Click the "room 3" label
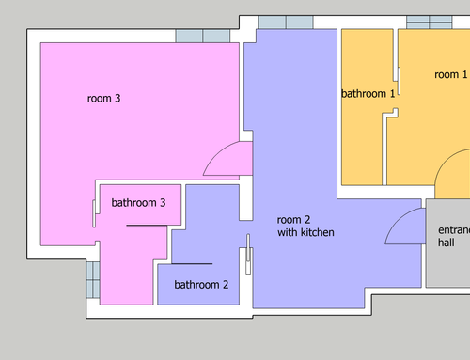(103, 99)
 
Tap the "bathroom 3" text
(138, 203)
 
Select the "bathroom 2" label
(201, 285)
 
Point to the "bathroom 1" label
(368, 93)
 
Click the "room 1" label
(451, 74)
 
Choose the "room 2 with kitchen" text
(305, 227)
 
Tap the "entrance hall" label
(454, 236)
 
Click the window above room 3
(203, 36)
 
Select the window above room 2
(286, 23)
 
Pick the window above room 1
(430, 23)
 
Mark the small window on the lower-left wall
(93, 280)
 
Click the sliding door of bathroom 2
(248, 255)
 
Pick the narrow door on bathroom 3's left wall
(94, 213)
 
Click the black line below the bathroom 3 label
(147, 226)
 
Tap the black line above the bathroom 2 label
(192, 264)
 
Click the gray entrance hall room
(448, 243)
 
